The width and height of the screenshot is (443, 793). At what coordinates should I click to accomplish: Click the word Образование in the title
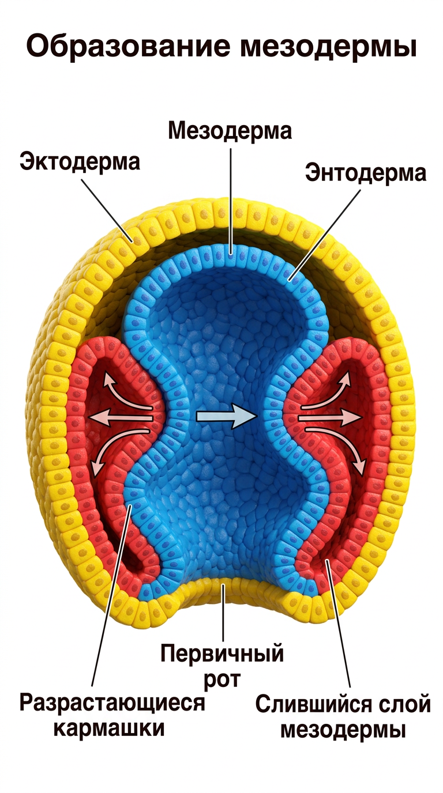(128, 46)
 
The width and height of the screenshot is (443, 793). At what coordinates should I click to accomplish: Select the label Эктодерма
(80, 161)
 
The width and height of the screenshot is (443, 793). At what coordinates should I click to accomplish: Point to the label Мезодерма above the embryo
(230, 131)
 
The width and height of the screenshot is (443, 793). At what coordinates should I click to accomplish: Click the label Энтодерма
(365, 173)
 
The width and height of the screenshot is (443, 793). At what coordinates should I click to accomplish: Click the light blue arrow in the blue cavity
(226, 417)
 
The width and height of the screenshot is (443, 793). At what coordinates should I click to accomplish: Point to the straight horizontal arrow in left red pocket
(121, 418)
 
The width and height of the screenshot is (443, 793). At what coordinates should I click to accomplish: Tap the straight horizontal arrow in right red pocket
(330, 418)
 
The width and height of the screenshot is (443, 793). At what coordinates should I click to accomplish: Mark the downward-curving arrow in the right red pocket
(337, 447)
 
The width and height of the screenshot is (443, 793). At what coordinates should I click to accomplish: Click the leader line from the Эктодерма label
(107, 211)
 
